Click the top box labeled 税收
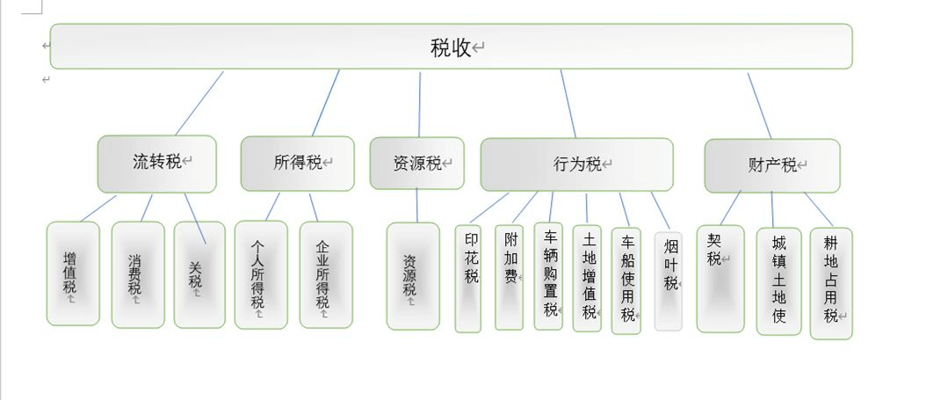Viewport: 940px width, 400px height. click(451, 47)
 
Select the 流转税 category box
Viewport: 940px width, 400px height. click(156, 164)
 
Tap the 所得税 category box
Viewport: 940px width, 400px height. click(297, 164)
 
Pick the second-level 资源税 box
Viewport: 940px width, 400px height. click(416, 164)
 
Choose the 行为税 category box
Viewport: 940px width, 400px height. click(576, 164)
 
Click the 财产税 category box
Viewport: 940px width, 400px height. click(771, 165)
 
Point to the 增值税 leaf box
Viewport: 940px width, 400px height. click(72, 273)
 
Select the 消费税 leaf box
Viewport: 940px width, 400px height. click(137, 274)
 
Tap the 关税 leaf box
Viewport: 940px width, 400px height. click(199, 274)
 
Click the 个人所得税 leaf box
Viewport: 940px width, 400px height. click(260, 274)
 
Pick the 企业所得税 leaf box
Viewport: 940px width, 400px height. click(325, 274)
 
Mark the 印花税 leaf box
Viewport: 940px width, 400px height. click(468, 279)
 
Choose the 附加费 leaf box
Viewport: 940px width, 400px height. click(509, 277)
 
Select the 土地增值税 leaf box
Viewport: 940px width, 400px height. click(587, 278)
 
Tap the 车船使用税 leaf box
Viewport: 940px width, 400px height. click(625, 279)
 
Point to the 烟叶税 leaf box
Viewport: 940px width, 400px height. click(668, 280)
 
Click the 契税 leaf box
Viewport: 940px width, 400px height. click(719, 279)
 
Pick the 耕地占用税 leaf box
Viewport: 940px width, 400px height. click(830, 283)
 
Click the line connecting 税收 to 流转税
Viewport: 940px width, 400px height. click(199, 103)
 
